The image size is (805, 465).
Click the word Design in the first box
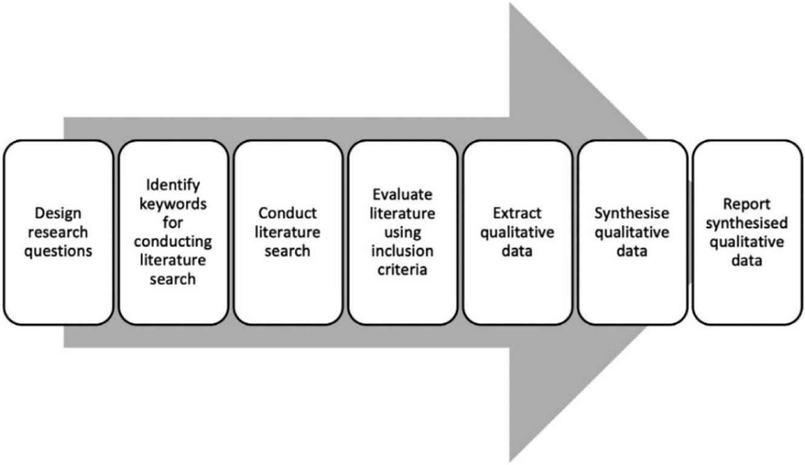[x=58, y=214]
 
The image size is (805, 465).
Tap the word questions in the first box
[x=58, y=250]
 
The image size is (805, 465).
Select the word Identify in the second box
[x=173, y=185]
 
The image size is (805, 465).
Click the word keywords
[x=173, y=204]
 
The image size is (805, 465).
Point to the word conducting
[x=173, y=242]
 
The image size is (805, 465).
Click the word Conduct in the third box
[x=287, y=214]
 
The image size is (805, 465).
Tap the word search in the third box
[x=287, y=250]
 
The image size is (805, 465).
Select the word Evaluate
[x=402, y=194]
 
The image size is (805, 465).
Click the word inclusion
[x=402, y=251]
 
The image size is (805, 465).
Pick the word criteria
[x=402, y=269]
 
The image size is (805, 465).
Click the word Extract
[x=517, y=214]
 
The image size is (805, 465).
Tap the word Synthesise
[x=632, y=214]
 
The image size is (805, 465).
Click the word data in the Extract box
[x=517, y=251]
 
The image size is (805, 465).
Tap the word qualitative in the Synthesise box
[x=632, y=232]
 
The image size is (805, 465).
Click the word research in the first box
[x=58, y=232]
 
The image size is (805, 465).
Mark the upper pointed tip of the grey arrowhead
[x=510, y=4]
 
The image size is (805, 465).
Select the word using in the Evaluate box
[x=402, y=232]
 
